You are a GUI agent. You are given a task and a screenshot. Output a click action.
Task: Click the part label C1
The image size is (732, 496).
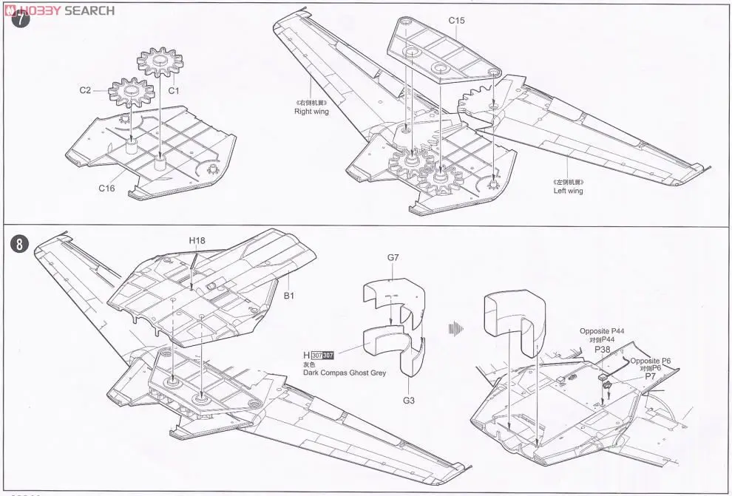pos(174,91)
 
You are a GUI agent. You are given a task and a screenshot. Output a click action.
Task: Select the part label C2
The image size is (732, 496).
pos(85,90)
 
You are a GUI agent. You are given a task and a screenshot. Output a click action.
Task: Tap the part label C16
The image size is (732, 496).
pos(107,188)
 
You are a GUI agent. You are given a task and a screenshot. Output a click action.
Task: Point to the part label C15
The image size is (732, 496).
pos(456,21)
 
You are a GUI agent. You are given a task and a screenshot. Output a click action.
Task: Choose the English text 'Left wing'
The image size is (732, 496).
pos(568,191)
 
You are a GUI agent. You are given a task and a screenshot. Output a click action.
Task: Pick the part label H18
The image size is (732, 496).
pos(197,240)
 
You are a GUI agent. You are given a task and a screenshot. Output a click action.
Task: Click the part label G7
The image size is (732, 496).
pos(393,257)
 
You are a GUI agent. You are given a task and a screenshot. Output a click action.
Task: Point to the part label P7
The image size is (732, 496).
pos(651,377)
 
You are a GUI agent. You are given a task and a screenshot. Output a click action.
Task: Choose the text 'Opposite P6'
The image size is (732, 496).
pos(651,360)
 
